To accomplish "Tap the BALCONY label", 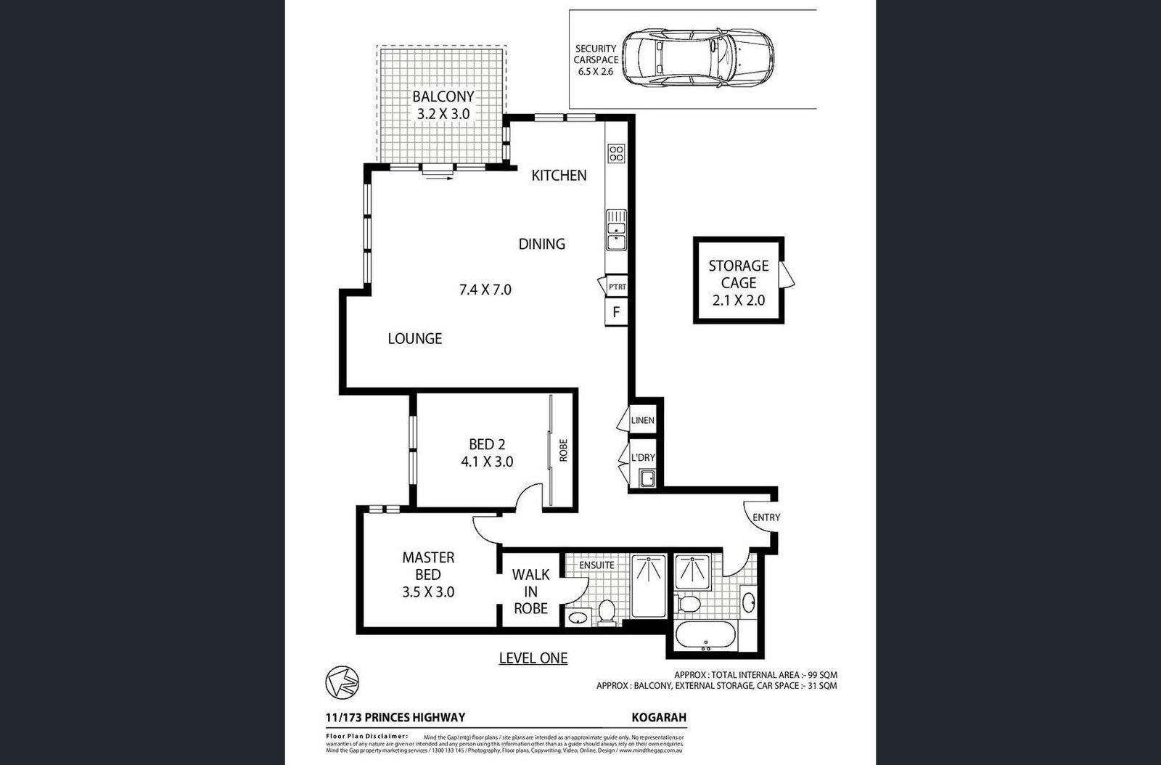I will point(443,97).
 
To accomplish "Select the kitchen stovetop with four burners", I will point(616,153).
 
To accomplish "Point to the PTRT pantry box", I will point(618,287).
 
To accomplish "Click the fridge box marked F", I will point(616,313).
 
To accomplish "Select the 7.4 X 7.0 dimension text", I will point(485,290).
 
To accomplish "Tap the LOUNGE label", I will point(414,338).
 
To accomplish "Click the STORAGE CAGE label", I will point(738,274).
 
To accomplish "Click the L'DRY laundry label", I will point(643,457).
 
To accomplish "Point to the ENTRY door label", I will point(766,517).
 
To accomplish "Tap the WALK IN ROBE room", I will point(530,592).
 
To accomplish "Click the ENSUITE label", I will point(596,565).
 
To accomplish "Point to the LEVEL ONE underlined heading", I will point(533,658).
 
